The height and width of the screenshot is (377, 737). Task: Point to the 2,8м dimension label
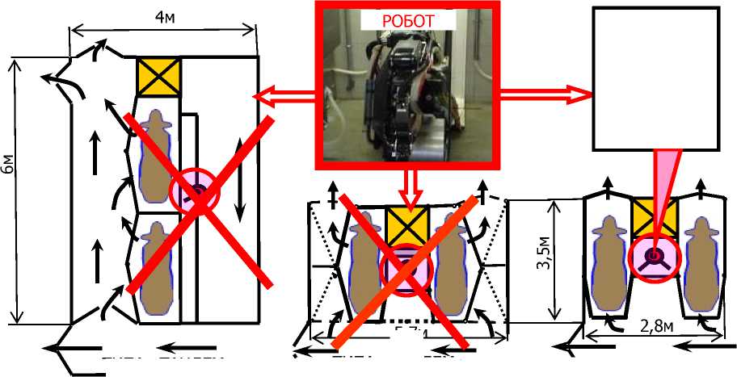point(631,325)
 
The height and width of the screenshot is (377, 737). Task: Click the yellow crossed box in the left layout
point(158,77)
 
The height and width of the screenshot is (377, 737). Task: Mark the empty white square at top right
point(656,78)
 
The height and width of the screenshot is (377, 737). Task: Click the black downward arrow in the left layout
point(240,182)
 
